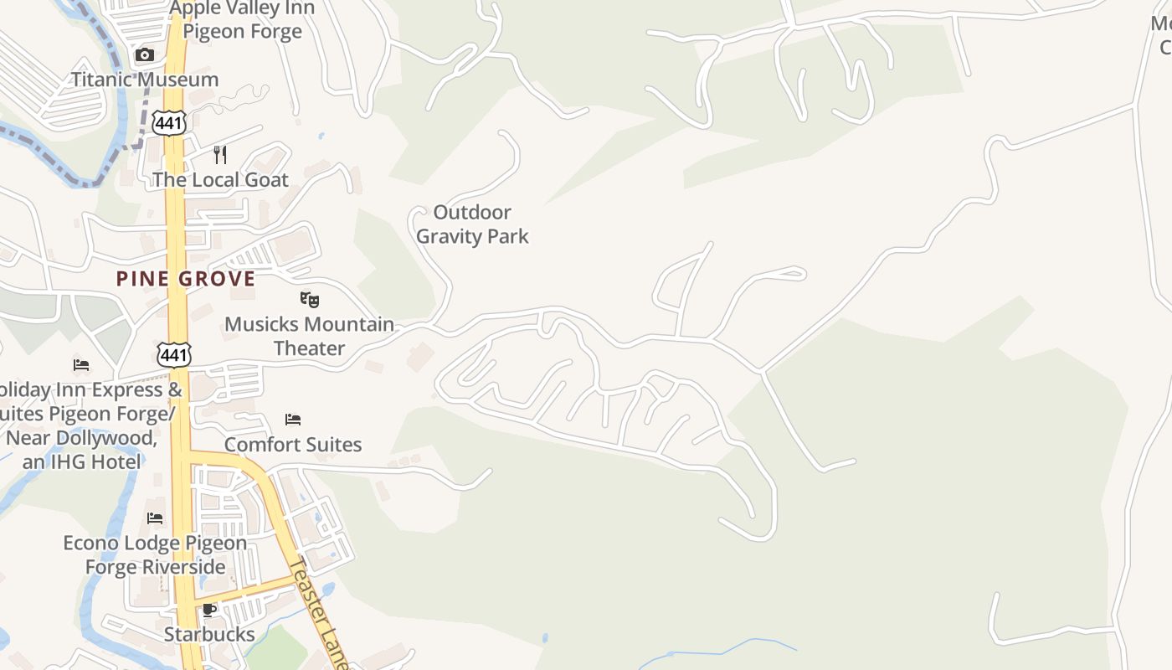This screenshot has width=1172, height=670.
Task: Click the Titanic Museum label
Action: [145, 80]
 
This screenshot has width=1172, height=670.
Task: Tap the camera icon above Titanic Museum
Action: [145, 55]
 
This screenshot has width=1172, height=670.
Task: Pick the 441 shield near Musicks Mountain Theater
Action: [174, 354]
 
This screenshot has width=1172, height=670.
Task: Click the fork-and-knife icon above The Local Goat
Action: [220, 155]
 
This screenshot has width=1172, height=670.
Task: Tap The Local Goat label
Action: [220, 180]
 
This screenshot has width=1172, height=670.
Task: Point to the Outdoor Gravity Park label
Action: [472, 224]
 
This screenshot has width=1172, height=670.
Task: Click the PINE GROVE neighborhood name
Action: [186, 279]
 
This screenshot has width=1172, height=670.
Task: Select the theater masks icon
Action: [310, 299]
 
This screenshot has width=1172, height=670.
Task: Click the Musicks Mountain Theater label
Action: [309, 336]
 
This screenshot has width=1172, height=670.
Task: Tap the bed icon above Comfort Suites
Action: [293, 420]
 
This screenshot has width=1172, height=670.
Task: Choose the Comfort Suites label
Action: [293, 445]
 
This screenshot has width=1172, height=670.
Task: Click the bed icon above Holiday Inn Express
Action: [81, 365]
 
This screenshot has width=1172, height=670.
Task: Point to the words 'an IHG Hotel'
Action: [82, 461]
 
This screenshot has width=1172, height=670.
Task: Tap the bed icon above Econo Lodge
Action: [155, 518]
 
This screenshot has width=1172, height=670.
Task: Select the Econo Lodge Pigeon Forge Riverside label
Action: [156, 554]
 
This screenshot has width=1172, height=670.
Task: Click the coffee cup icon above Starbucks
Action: [209, 610]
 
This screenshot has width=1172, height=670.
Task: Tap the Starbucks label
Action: [209, 634]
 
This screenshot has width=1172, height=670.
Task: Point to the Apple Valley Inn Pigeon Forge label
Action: [242, 20]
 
